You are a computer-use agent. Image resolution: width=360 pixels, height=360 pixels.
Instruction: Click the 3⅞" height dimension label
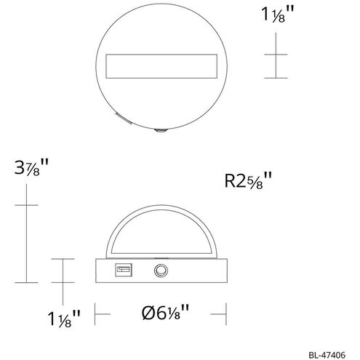coord(31,167)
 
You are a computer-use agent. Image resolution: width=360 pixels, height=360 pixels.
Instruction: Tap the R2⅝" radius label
coord(248,180)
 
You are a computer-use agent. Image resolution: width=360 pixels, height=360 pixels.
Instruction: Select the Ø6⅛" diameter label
coord(165,313)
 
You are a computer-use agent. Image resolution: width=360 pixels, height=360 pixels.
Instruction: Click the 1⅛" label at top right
coord(278,15)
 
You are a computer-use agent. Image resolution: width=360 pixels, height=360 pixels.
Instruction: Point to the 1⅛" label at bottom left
coord(64,319)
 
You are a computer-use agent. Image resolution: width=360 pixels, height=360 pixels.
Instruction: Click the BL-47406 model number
coord(327,355)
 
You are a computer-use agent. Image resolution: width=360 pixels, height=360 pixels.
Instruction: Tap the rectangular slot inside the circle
coord(161,66)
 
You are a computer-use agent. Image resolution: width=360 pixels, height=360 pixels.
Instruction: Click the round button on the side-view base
coord(161,271)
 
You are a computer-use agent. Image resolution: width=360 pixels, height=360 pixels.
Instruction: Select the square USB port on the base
coord(124,270)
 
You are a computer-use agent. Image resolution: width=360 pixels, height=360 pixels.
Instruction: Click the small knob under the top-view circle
coord(161,131)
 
